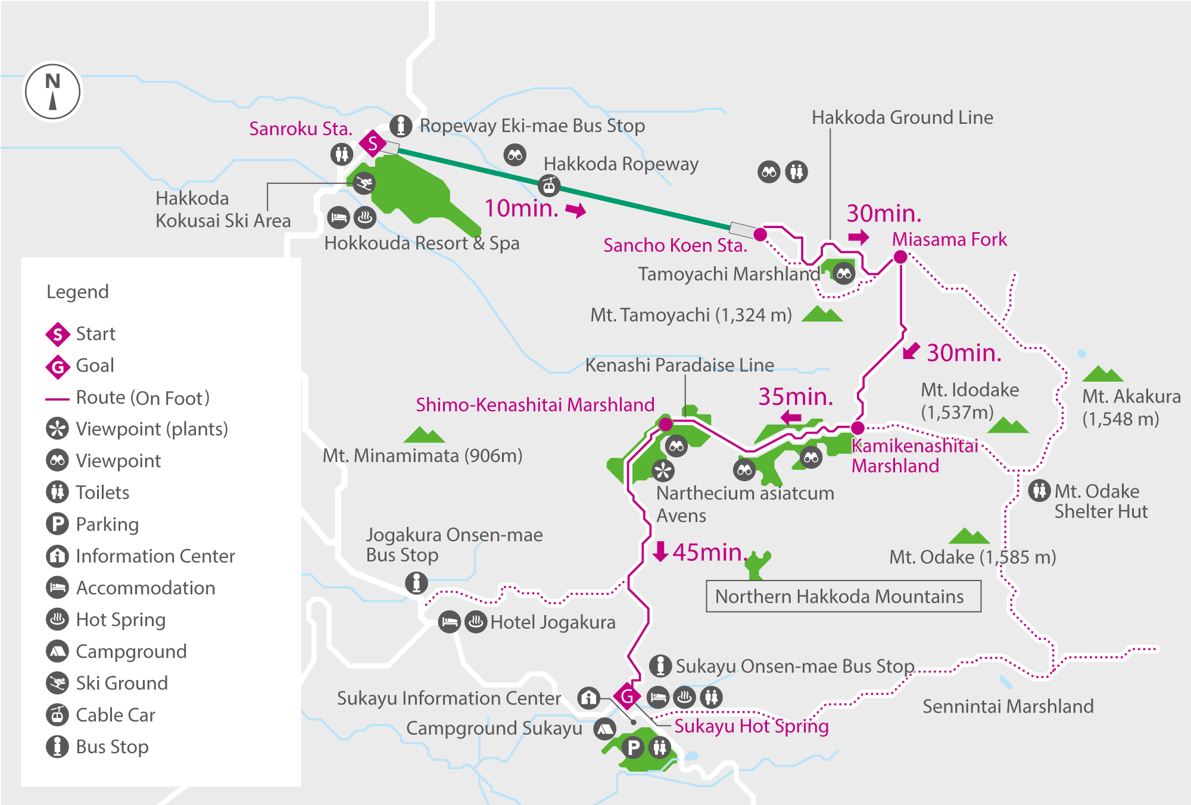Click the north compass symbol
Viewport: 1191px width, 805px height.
click(52, 92)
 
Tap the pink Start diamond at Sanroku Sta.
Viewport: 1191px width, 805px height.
click(373, 143)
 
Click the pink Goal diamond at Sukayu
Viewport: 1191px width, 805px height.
click(627, 696)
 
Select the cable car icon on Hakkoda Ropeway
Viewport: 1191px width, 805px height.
click(549, 185)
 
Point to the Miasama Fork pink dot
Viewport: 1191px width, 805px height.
click(900, 257)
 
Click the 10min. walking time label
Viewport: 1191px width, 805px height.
click(522, 208)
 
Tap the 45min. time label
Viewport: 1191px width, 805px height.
click(707, 553)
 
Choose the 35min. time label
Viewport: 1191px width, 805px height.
click(795, 397)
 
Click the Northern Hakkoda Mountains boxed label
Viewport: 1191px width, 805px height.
click(843, 597)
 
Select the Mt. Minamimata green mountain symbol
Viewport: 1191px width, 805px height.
click(424, 435)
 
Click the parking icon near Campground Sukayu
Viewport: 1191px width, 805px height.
click(634, 747)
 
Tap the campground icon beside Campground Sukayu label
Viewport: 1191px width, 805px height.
click(605, 728)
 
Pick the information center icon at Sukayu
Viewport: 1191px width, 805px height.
click(588, 697)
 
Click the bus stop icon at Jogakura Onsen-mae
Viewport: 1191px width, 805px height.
click(416, 582)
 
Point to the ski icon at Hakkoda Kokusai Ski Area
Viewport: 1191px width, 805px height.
click(363, 183)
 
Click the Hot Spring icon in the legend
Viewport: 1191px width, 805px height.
click(57, 619)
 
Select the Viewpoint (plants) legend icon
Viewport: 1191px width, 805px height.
click(57, 429)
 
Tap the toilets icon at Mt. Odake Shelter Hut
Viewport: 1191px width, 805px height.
click(1039, 491)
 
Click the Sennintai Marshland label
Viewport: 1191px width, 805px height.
click(1008, 706)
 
